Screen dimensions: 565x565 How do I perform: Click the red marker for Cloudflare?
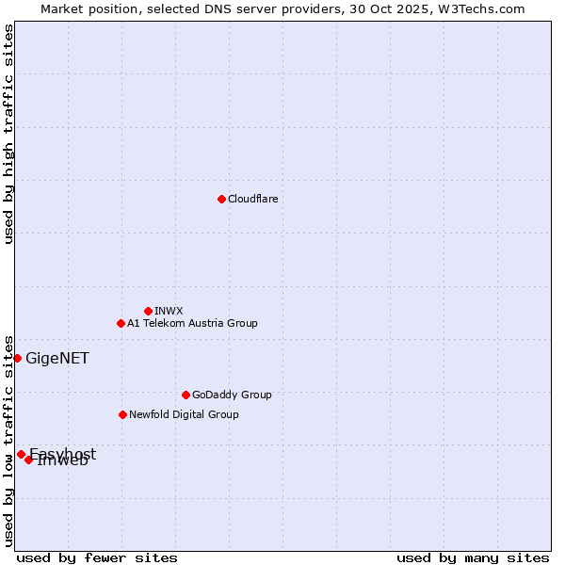click(221, 199)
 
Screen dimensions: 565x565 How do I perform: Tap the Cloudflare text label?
click(253, 199)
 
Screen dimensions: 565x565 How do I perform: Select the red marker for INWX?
click(148, 311)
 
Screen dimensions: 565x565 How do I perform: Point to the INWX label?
click(169, 311)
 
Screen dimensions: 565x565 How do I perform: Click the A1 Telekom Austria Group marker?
click(121, 323)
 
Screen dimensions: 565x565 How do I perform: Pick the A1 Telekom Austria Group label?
click(192, 323)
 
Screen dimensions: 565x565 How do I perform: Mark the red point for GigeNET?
click(17, 358)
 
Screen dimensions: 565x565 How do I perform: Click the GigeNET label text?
click(57, 358)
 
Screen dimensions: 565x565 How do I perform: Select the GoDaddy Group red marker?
click(186, 395)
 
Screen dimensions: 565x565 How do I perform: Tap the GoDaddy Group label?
click(232, 395)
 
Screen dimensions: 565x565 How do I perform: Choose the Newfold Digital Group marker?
click(122, 414)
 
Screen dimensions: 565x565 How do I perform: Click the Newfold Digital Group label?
click(184, 414)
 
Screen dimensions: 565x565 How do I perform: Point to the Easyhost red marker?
click(21, 454)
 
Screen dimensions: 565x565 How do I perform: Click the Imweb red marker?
click(29, 460)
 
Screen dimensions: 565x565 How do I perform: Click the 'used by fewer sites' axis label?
click(97, 557)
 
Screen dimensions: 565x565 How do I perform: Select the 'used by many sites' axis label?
click(473, 557)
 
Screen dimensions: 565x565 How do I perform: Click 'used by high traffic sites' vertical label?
click(8, 134)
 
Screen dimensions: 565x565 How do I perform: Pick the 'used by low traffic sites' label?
click(8, 440)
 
